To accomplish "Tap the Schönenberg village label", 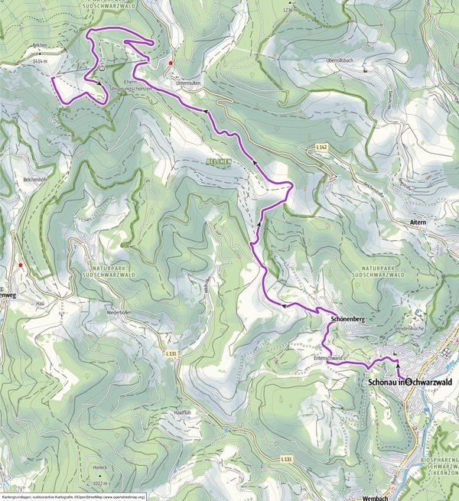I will pyautogui.click(x=346, y=317).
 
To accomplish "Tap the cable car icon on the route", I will pyautogui.click(x=102, y=67).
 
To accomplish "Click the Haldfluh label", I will pyautogui.click(x=181, y=412).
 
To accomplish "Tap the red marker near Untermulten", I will pyautogui.click(x=171, y=63).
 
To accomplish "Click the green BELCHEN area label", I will pyautogui.click(x=218, y=162).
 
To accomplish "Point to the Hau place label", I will pyautogui.click(x=40, y=302).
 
